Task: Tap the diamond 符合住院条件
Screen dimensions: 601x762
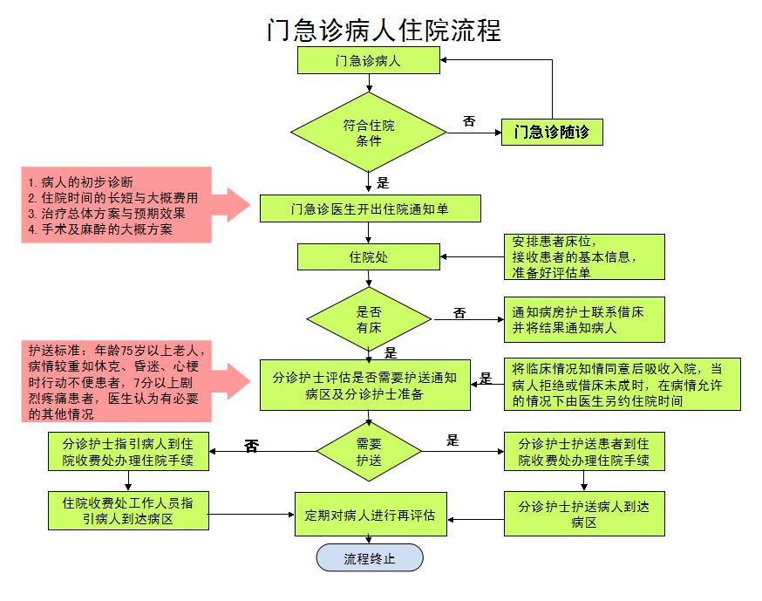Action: [x=369, y=133]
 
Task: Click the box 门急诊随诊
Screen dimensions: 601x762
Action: [x=552, y=133]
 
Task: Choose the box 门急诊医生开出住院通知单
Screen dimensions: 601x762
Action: [x=370, y=208]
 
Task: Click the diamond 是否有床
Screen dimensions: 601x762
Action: [x=370, y=318]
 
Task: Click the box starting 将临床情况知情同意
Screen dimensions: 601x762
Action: [x=622, y=385]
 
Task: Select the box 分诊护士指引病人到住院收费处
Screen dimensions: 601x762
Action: [x=127, y=450]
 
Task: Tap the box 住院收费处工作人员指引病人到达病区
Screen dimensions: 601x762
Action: [x=127, y=510]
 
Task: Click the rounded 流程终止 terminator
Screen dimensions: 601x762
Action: [x=370, y=557]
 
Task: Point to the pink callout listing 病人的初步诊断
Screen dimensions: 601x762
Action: [x=118, y=205]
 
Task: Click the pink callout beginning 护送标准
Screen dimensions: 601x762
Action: [x=118, y=381]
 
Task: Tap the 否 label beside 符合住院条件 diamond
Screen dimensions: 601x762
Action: [x=469, y=121]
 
